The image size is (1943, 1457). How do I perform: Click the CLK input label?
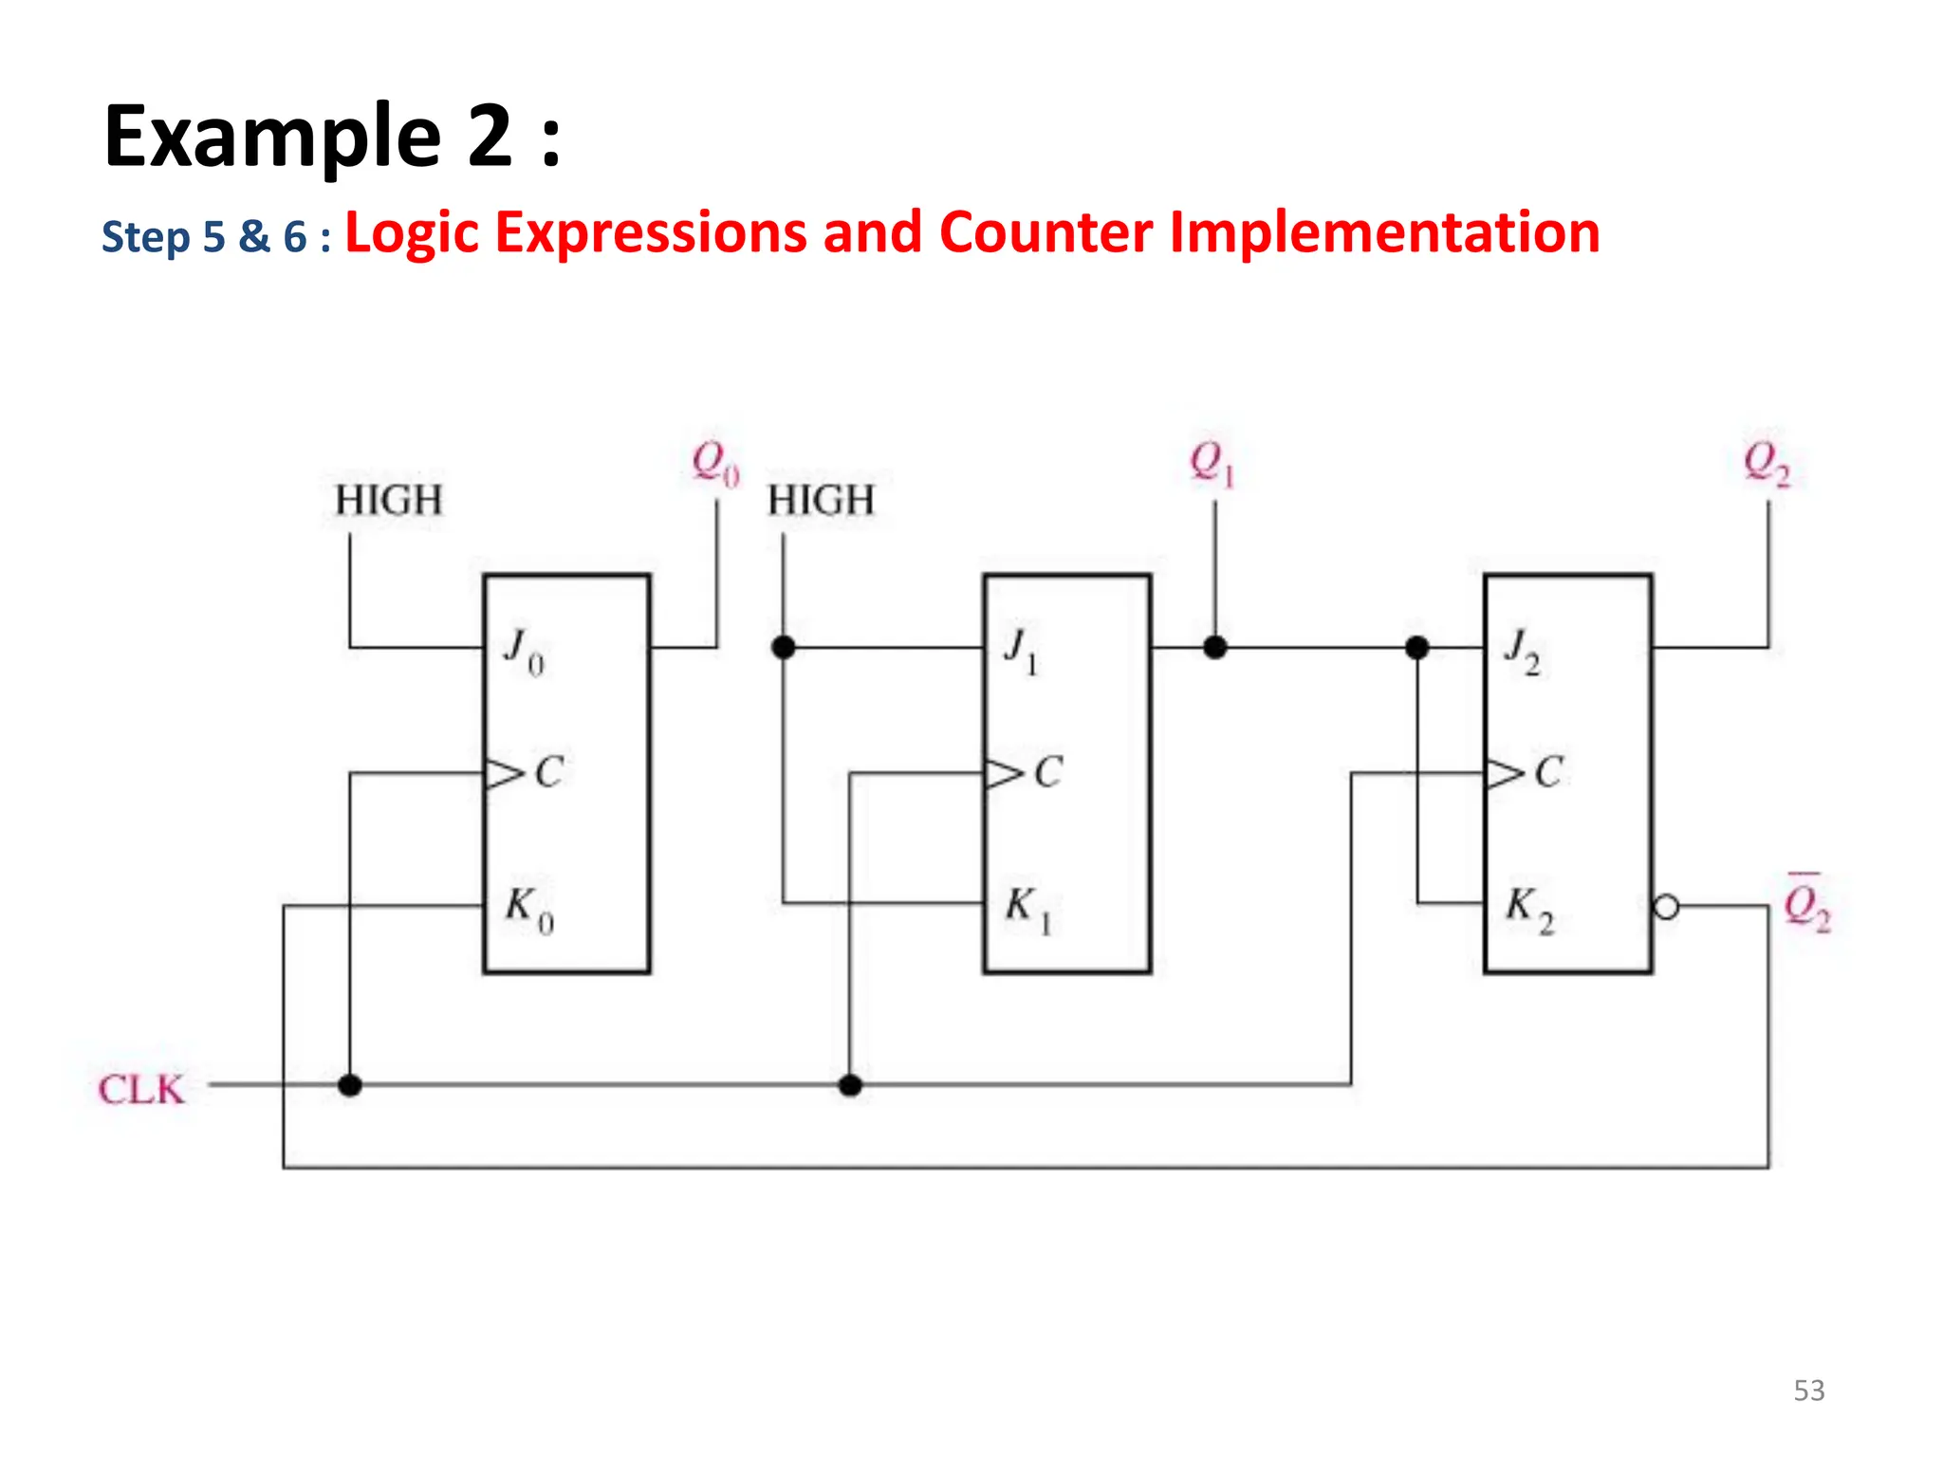click(x=140, y=1089)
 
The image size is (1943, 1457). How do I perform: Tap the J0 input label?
click(x=524, y=652)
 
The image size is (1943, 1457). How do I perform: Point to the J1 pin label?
click(x=1021, y=652)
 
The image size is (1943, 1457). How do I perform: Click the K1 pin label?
click(x=1027, y=910)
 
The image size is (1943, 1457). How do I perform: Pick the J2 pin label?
click(x=1522, y=652)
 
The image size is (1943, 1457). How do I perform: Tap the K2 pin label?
click(x=1528, y=910)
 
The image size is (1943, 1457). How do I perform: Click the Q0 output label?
click(x=714, y=464)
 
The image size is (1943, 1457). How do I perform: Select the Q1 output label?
click(x=1212, y=464)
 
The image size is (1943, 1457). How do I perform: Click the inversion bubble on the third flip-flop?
click(x=1666, y=907)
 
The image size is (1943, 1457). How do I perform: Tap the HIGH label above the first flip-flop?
click(x=389, y=501)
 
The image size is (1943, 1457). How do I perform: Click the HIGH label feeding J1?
click(x=821, y=501)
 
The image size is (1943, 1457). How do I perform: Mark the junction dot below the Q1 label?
click(x=1215, y=648)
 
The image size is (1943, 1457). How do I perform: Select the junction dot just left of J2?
click(x=1416, y=648)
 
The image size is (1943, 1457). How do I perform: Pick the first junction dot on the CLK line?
click(x=350, y=1085)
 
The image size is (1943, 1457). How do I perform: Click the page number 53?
click(x=1808, y=1391)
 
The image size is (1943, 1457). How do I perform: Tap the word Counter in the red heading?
click(x=1046, y=232)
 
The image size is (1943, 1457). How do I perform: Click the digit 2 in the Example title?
click(x=490, y=138)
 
